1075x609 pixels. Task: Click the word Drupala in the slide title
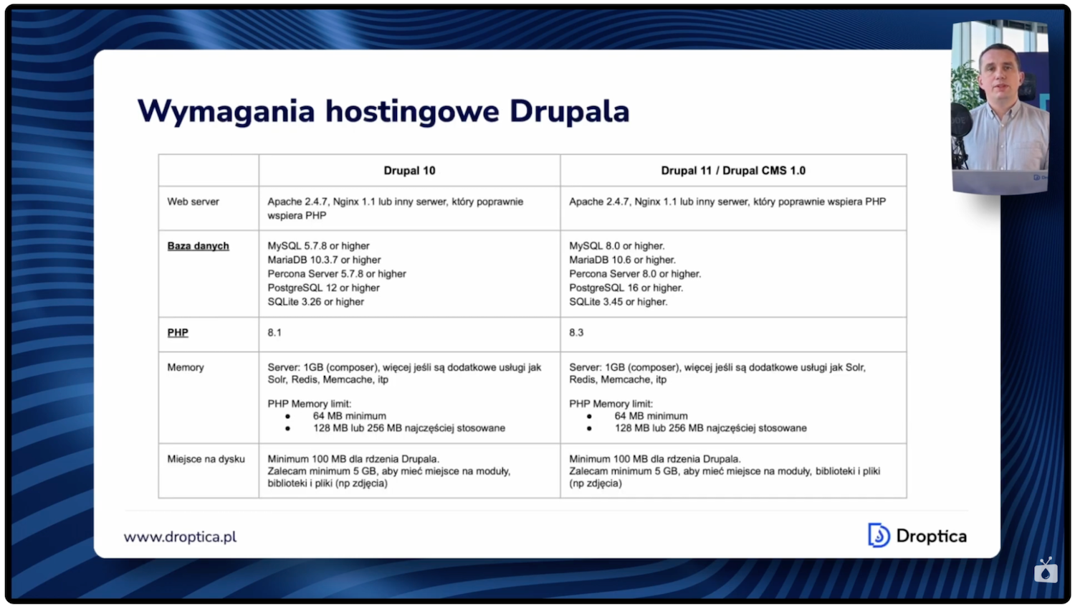pyautogui.click(x=569, y=112)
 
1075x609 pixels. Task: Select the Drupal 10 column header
pyautogui.click(x=409, y=171)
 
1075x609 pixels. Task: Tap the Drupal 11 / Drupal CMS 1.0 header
pyautogui.click(x=732, y=171)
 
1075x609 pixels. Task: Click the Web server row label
pyautogui.click(x=193, y=202)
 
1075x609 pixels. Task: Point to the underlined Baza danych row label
pyautogui.click(x=198, y=246)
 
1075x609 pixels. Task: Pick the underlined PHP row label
pyautogui.click(x=178, y=333)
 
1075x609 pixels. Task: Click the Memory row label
pyautogui.click(x=186, y=367)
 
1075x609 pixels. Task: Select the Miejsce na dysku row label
pyautogui.click(x=206, y=459)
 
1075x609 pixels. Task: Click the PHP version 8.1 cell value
pyautogui.click(x=274, y=333)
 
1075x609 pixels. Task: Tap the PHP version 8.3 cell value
pyautogui.click(x=576, y=333)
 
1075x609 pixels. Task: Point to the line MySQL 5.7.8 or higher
pyautogui.click(x=318, y=246)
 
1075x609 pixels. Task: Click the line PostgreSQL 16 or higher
pyautogui.click(x=626, y=288)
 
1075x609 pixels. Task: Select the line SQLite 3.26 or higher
pyautogui.click(x=315, y=302)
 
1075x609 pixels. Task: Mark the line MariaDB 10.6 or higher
pyautogui.click(x=622, y=260)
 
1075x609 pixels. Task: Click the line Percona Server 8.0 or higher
pyautogui.click(x=635, y=274)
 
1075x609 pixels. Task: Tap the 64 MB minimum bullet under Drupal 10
pyautogui.click(x=349, y=416)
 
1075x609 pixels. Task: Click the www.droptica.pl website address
pyautogui.click(x=180, y=537)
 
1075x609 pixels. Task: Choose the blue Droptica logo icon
pyautogui.click(x=878, y=535)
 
